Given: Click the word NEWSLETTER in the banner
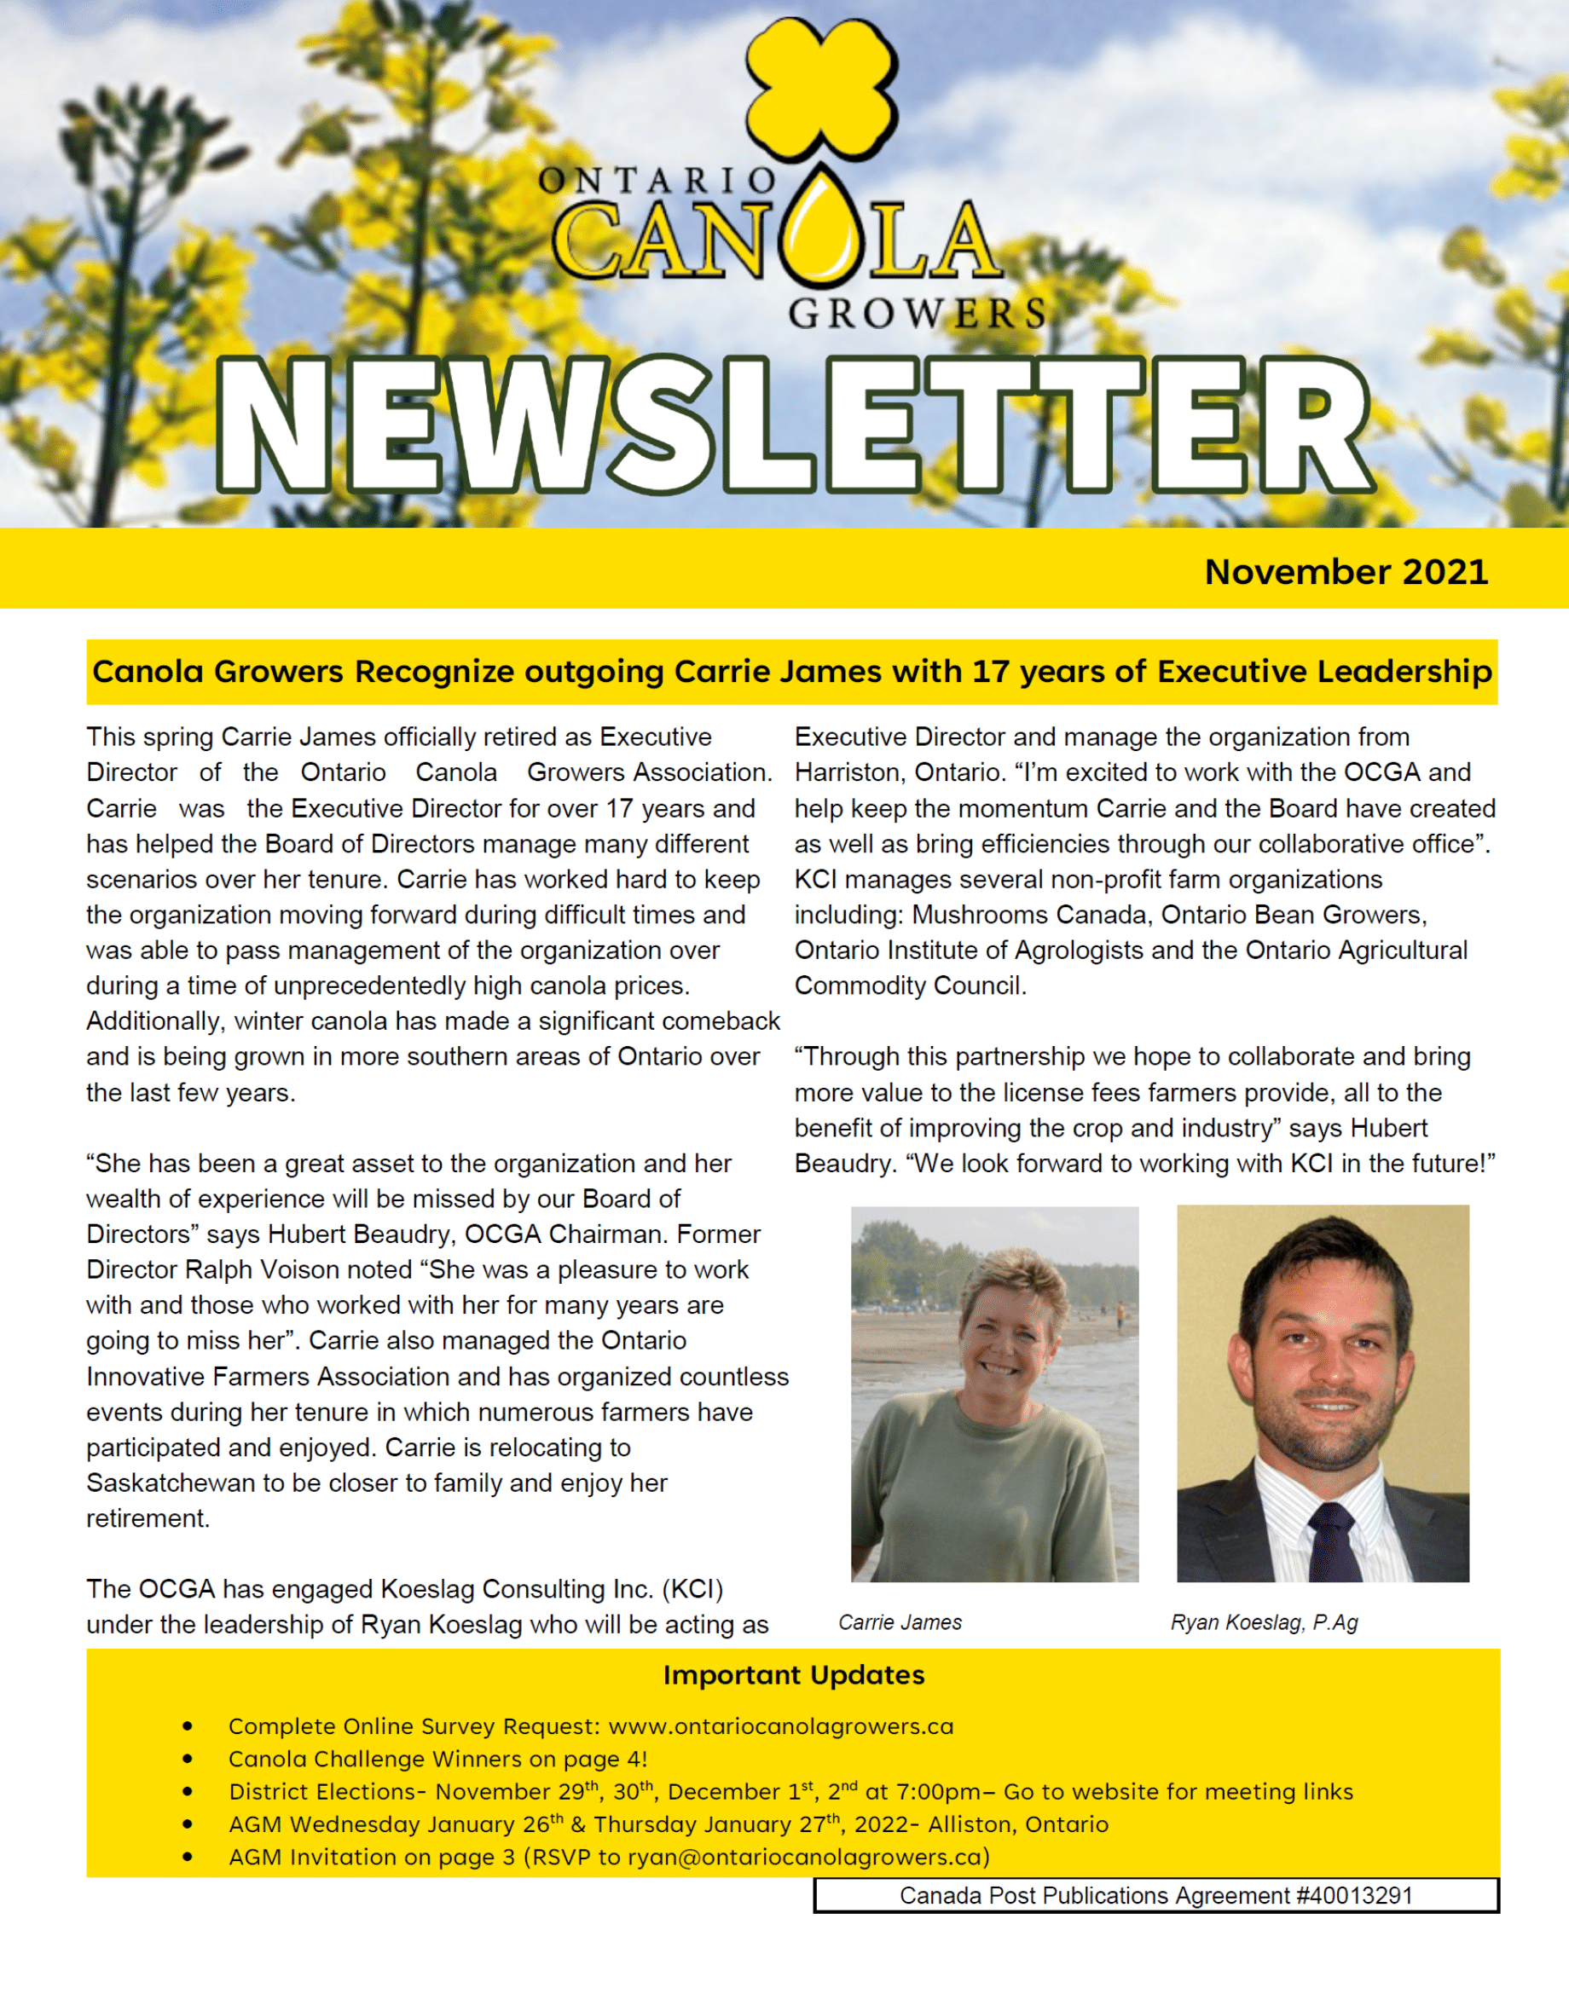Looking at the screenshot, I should (795, 425).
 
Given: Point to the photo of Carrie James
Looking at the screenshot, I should (994, 1393).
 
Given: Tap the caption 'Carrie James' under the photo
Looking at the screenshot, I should (900, 1622).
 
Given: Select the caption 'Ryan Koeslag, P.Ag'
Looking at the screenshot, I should (1263, 1622).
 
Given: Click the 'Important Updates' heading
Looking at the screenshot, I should (794, 1674).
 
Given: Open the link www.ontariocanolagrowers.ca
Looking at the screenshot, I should (781, 1725).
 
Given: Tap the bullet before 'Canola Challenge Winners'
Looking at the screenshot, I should (188, 1759).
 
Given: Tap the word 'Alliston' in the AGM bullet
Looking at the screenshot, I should (971, 1824).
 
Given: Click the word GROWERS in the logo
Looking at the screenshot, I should (917, 313).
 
